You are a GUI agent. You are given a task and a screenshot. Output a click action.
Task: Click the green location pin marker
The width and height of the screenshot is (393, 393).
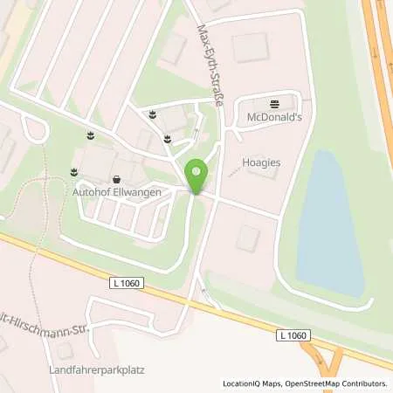196,176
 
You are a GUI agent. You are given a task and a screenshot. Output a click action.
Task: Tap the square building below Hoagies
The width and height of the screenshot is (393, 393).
248,237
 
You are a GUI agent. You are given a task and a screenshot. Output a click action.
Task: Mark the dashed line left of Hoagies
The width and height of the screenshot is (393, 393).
231,172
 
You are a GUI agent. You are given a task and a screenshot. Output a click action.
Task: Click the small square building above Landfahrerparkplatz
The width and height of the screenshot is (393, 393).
63,352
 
